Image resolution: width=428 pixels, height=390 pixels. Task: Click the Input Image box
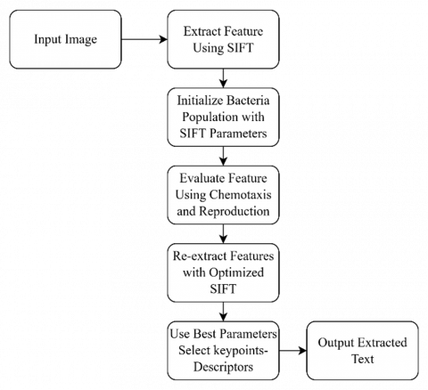point(65,39)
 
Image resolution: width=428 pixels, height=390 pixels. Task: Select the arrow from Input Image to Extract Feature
point(144,39)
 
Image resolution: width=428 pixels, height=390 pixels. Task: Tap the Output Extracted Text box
point(362,351)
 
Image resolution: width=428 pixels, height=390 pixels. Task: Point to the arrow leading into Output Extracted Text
point(292,351)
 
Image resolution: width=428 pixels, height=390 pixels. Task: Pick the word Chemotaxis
point(240,195)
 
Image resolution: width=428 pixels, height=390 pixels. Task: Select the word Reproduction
point(235,211)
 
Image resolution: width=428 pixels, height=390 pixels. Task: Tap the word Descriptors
point(223,367)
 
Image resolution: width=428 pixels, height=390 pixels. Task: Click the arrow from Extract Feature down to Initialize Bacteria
point(223,78)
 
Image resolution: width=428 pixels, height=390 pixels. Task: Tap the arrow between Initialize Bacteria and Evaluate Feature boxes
point(223,156)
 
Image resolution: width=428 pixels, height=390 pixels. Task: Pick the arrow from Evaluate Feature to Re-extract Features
point(223,234)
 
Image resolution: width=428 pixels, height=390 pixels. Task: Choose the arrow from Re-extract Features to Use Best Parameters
point(223,312)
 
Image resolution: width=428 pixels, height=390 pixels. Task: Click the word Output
point(333,343)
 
